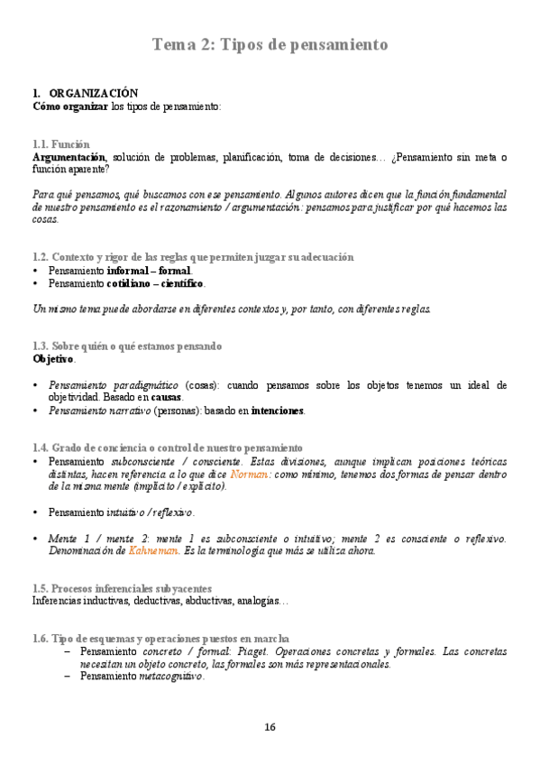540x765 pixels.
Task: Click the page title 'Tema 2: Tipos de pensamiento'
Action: pos(270,44)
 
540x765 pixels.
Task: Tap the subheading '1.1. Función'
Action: pos(61,144)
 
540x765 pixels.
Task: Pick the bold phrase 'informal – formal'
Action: pos(149,271)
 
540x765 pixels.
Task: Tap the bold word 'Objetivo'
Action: pos(53,359)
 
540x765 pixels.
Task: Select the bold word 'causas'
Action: pos(166,398)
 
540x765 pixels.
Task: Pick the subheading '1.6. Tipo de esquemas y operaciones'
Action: pos(160,638)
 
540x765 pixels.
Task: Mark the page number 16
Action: pos(270,727)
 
